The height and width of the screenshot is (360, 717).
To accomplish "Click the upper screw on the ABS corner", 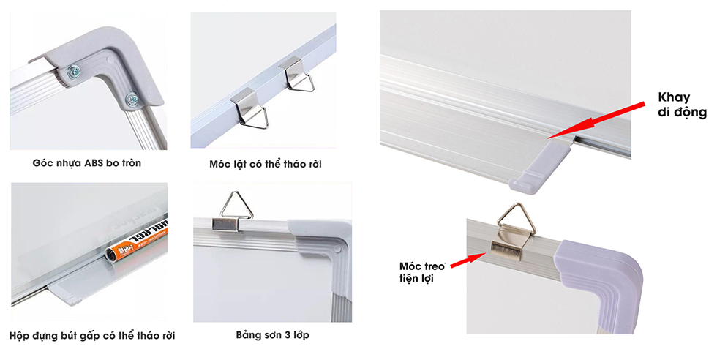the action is (73, 71).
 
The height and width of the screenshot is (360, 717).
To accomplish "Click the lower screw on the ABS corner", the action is (132, 98).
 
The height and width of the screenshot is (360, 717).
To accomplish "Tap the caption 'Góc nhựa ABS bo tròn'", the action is (87, 163).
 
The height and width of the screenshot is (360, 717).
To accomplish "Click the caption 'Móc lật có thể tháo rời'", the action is (265, 164).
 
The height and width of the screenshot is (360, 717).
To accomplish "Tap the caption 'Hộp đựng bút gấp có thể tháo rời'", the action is (92, 336).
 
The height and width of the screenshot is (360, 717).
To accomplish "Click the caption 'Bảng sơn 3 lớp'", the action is (272, 335).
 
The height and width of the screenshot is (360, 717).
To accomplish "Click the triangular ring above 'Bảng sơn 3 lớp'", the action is (236, 204).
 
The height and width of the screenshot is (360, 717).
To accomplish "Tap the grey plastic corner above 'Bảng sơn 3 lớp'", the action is (326, 253).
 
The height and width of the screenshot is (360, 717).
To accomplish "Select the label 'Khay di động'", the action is (682, 105).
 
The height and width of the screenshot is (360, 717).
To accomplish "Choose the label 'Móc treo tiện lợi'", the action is (422, 272).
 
